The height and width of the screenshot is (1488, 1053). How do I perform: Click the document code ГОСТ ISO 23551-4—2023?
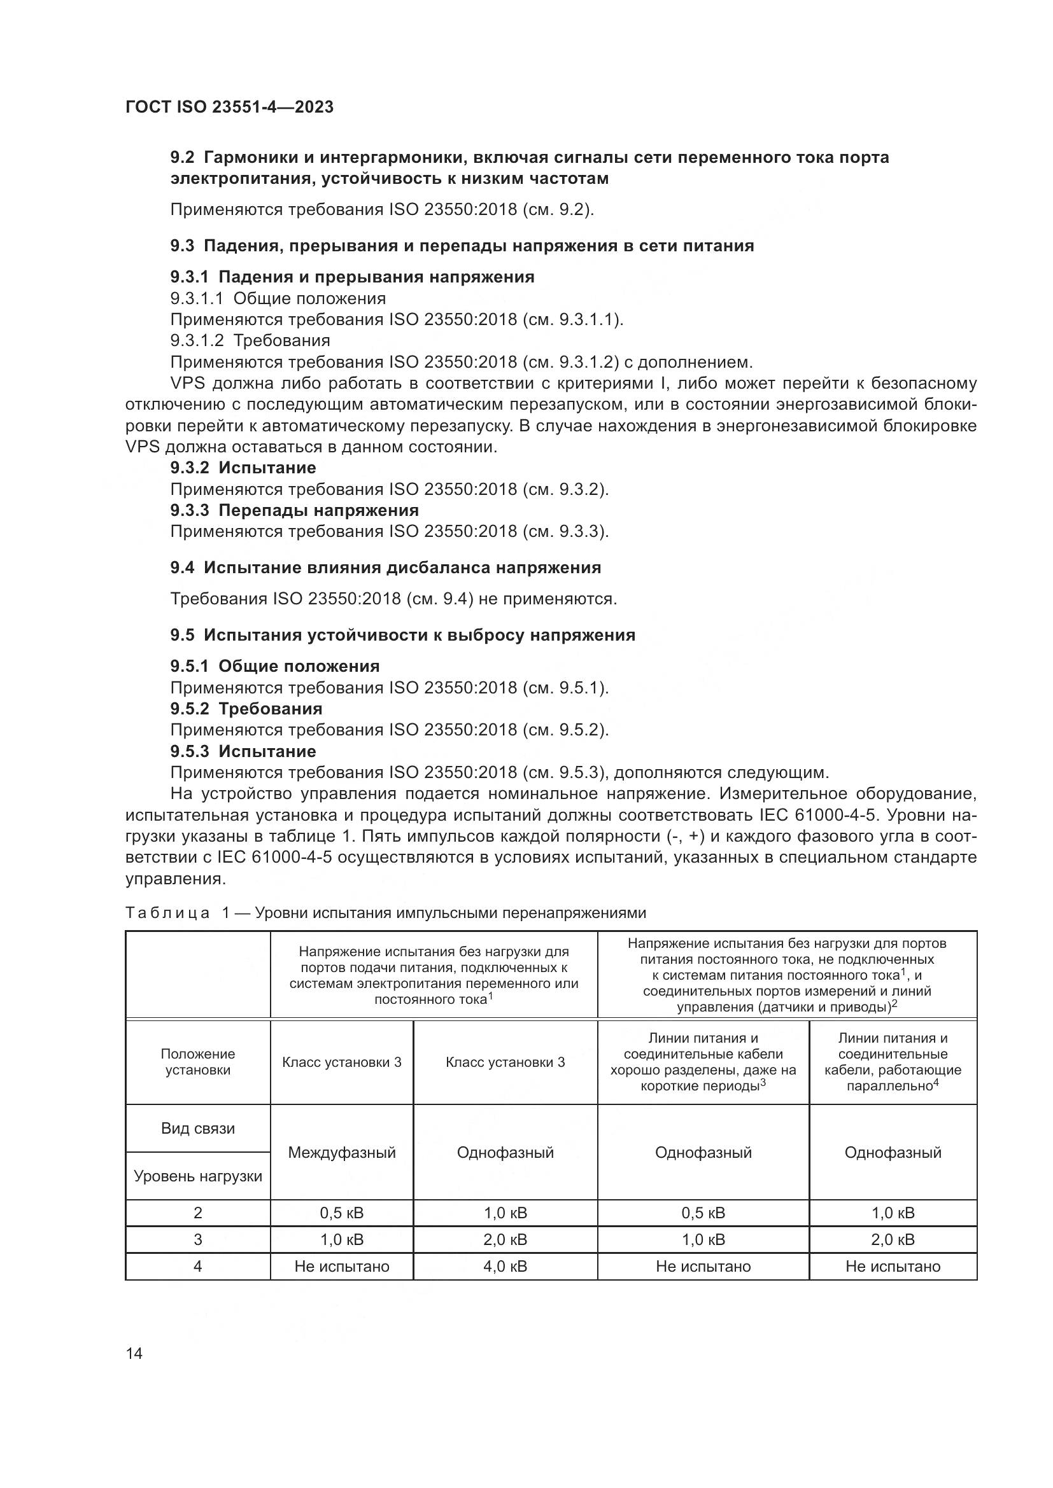click(x=230, y=108)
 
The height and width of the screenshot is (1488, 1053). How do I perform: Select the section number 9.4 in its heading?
click(x=182, y=567)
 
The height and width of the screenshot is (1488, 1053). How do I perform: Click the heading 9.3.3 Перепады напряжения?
click(x=294, y=510)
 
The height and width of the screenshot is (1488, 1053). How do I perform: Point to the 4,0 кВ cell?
click(x=505, y=1267)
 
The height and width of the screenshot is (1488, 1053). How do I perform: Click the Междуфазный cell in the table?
click(x=342, y=1152)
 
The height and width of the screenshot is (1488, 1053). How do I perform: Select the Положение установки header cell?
click(x=198, y=1062)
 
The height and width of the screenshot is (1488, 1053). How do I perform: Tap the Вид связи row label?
click(x=198, y=1129)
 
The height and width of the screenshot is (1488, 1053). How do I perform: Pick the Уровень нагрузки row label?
click(x=198, y=1176)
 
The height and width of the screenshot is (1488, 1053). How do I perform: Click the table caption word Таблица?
click(x=167, y=913)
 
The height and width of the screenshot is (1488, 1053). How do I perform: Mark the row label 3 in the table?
click(x=198, y=1239)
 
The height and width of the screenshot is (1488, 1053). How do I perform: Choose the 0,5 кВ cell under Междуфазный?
click(x=342, y=1213)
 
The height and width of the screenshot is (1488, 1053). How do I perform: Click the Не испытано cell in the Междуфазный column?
click(x=342, y=1267)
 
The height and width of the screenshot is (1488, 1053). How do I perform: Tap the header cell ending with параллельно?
click(x=893, y=1062)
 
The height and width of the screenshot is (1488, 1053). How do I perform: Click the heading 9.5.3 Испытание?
click(x=243, y=751)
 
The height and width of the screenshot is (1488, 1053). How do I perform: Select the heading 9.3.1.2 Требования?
click(x=250, y=340)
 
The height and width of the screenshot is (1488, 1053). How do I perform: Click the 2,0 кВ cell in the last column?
click(x=893, y=1239)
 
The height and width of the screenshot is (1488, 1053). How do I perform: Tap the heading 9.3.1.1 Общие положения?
click(x=278, y=298)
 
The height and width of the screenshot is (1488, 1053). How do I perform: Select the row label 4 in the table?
click(x=198, y=1267)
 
